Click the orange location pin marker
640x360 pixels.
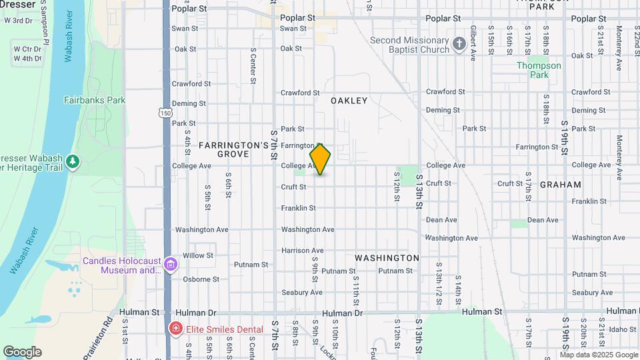[320, 159]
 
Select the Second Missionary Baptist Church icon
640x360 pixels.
[459, 45]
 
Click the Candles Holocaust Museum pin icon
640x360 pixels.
[171, 265]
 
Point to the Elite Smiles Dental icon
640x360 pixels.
[175, 329]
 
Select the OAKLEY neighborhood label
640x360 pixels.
[349, 101]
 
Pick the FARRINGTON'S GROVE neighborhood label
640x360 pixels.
[223, 149]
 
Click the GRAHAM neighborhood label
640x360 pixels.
[560, 184]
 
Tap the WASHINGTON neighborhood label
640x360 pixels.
[387, 257]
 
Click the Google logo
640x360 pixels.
[22, 352]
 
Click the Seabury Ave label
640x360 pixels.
[301, 292]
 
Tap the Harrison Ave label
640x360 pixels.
[302, 251]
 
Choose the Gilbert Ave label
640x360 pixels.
[473, 41]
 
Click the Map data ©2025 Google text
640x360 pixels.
[599, 355]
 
